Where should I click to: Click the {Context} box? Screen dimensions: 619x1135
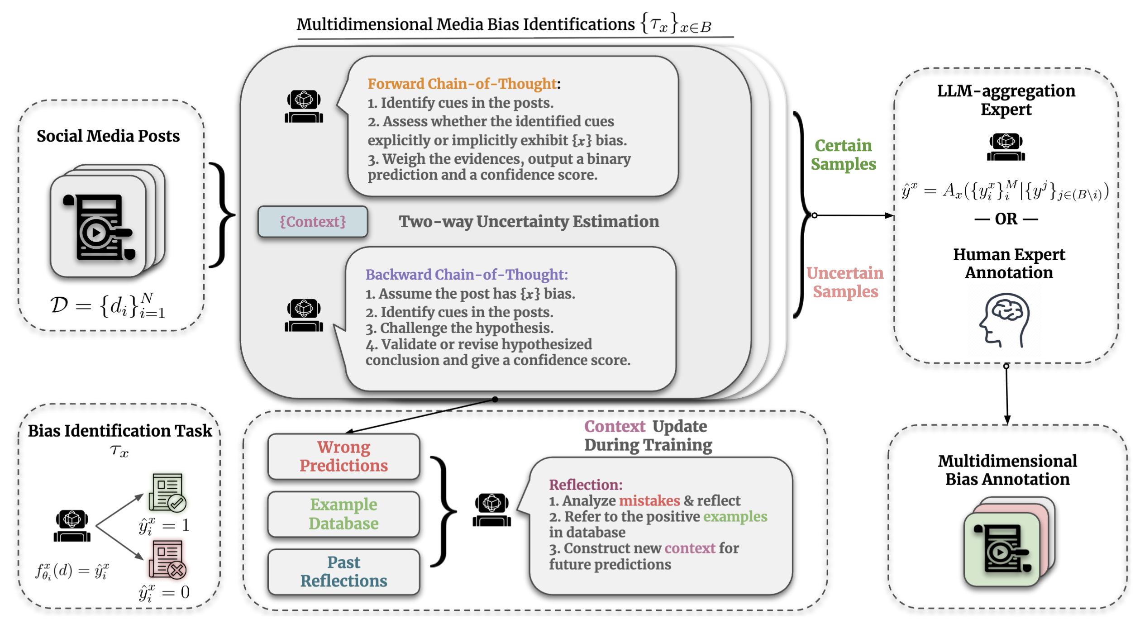(312, 222)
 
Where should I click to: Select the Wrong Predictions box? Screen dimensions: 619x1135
(343, 456)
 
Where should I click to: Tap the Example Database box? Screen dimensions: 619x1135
(343, 514)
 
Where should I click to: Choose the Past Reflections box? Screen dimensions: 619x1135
(343, 571)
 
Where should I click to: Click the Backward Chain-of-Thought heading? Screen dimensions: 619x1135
(466, 275)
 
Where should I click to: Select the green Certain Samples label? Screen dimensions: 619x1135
(843, 155)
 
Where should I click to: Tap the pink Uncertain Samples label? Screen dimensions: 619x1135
(845, 282)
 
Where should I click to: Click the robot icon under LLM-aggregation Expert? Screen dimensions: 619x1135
(1006, 147)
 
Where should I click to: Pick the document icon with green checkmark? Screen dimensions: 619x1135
(167, 492)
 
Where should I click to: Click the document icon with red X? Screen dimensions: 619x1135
(167, 560)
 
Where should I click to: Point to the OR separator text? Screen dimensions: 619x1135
(1006, 219)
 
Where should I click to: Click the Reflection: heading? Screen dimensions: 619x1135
(586, 485)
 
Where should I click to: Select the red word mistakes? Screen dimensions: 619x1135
(649, 501)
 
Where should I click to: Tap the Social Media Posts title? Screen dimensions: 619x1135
(108, 136)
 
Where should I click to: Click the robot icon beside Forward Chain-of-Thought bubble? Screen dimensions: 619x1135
(304, 107)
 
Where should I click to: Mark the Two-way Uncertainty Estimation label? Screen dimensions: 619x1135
(528, 222)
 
